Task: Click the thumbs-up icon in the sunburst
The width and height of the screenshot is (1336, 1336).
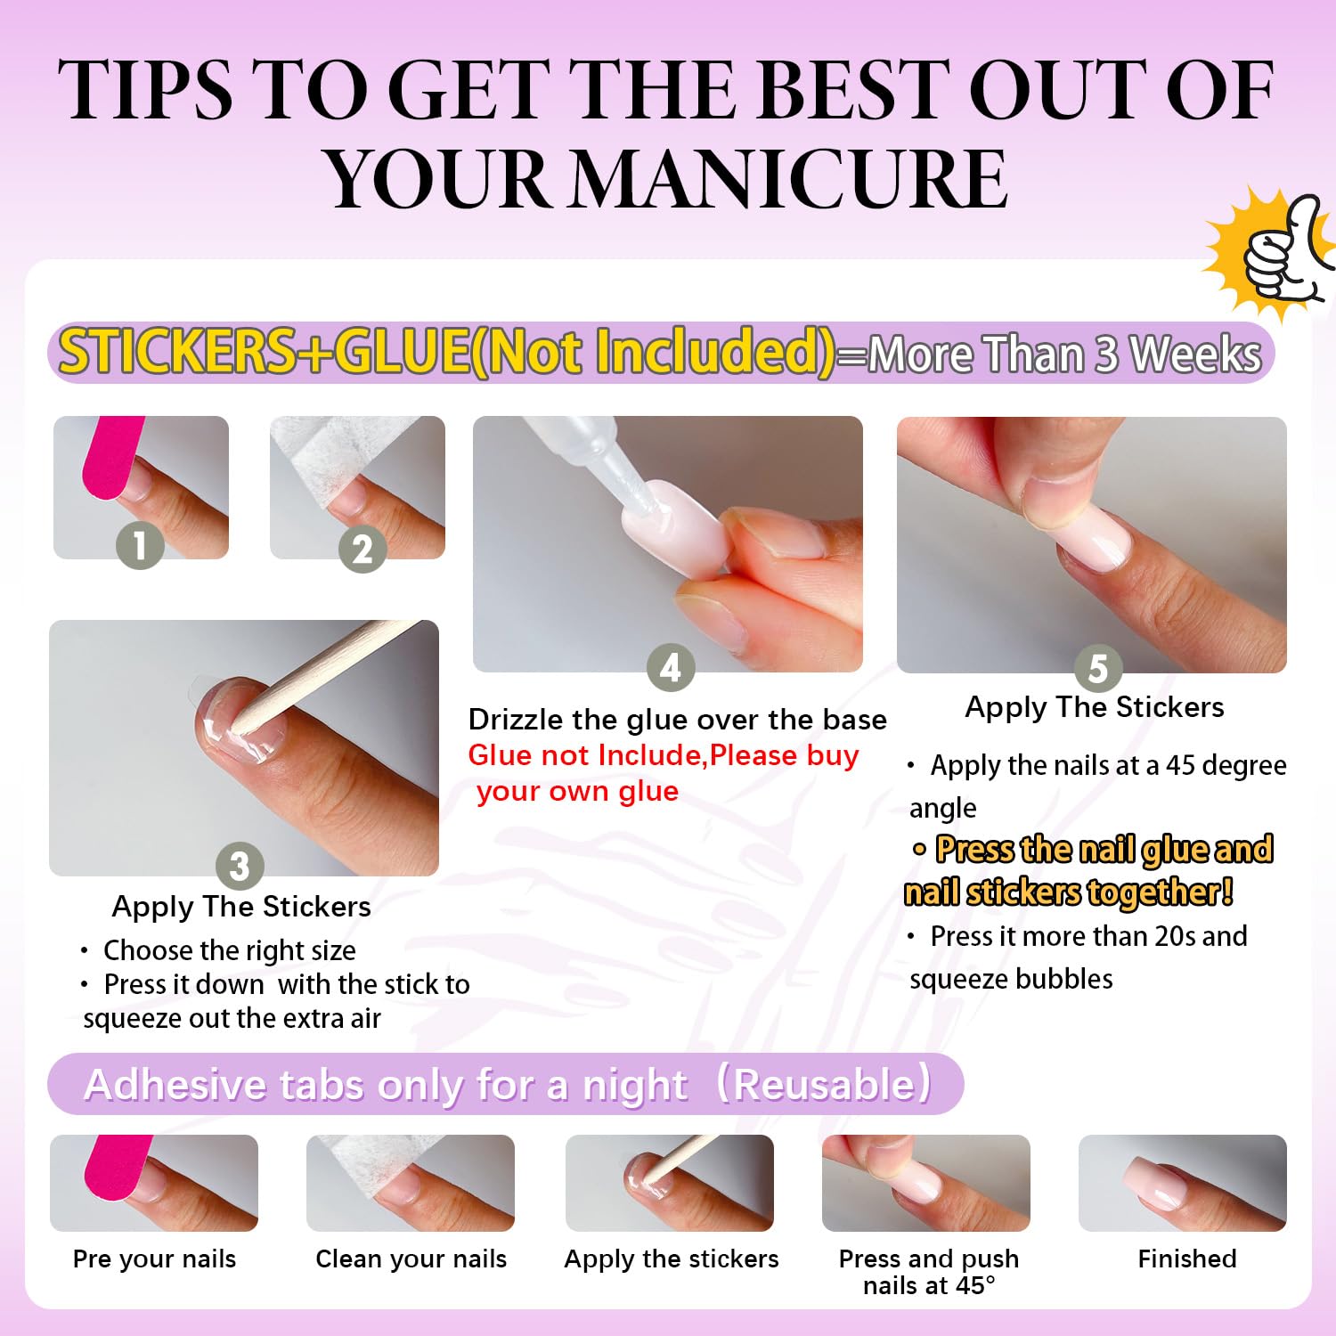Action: pos(1287,249)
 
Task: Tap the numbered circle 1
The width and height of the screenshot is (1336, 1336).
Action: pos(140,544)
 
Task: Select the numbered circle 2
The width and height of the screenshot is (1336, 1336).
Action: pos(362,549)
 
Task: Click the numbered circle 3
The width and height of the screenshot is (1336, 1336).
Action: pos(240,866)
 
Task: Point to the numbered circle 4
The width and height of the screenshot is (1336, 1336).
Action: pos(671,667)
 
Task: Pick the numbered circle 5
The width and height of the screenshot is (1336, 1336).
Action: pos(1098,668)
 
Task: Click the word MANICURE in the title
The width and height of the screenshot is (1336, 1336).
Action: pos(789,178)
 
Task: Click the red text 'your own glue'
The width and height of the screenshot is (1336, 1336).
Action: pos(577,791)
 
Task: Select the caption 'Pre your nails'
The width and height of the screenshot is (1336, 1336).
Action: pos(154,1259)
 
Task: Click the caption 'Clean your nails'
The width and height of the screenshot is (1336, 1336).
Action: pos(411,1259)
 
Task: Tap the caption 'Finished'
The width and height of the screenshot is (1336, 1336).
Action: pos(1187,1258)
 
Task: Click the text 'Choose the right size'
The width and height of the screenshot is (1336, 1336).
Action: pos(230,950)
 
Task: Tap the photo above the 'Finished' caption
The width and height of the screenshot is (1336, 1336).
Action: pos(1183,1183)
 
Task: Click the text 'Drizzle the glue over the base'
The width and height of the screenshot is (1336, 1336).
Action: pos(678,720)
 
